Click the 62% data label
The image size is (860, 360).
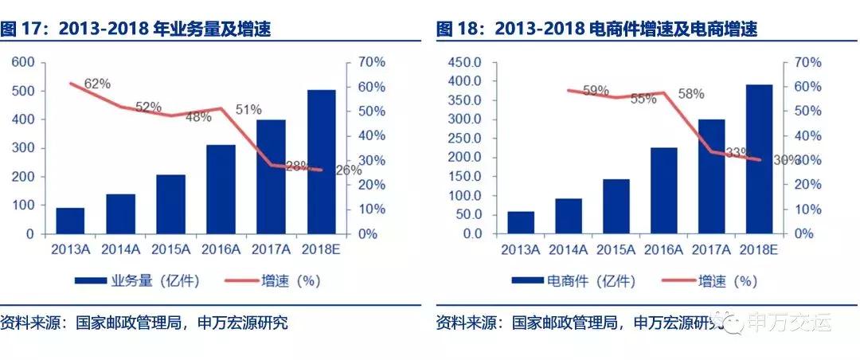point(97,83)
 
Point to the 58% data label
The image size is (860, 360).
point(690,94)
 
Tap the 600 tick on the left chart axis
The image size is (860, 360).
point(21,62)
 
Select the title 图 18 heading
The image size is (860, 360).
point(596,29)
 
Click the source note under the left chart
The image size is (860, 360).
point(144,323)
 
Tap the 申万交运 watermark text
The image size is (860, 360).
point(788,323)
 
